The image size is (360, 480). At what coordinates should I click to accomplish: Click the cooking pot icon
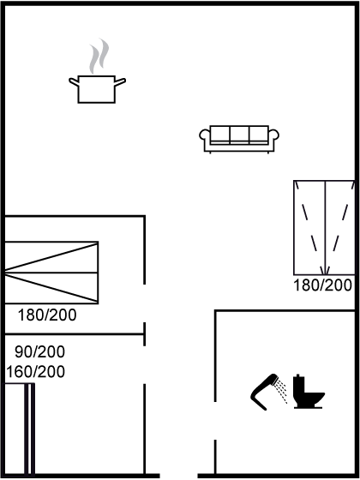(97, 89)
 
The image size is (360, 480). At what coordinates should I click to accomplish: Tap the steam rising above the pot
(99, 57)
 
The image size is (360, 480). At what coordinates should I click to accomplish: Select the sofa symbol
(239, 139)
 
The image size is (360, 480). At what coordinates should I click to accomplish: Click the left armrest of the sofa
(205, 135)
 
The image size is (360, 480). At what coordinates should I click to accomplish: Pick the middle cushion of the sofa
(239, 135)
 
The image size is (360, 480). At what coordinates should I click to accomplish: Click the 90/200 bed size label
(39, 351)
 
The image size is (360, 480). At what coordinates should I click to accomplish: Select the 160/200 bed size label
(35, 372)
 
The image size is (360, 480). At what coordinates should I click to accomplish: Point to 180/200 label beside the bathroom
(322, 285)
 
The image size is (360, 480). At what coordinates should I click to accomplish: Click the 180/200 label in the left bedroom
(47, 315)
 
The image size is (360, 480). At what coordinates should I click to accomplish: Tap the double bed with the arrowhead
(325, 228)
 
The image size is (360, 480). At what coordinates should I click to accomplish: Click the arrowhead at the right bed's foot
(325, 271)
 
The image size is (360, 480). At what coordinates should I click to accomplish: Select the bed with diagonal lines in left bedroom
(51, 273)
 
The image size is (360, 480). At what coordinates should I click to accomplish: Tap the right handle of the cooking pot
(120, 81)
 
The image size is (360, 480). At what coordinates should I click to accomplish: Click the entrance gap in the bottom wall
(178, 476)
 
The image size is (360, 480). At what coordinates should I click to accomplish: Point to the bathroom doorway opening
(215, 421)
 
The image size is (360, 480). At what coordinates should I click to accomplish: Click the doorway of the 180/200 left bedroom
(145, 303)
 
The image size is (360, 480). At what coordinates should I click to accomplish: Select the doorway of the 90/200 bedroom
(145, 365)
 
